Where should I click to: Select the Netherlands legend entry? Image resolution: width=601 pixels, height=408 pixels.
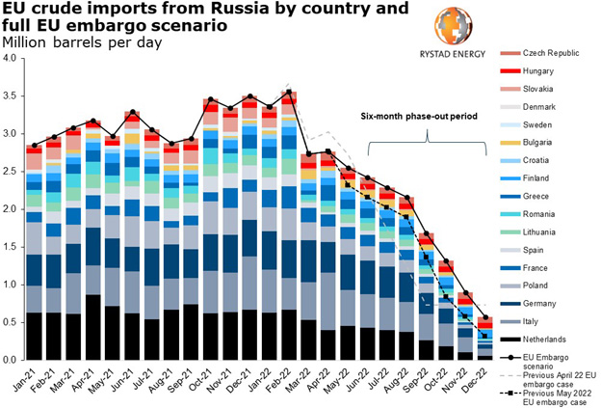coord(536,340)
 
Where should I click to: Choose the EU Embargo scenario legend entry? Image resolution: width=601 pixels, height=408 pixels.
coord(541,363)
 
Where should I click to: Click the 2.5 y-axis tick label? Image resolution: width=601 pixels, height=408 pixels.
coord(11,172)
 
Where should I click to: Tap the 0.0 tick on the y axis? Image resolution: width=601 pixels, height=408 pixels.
coord(11,361)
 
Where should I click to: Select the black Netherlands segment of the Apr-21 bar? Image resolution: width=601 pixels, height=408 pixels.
coord(92,328)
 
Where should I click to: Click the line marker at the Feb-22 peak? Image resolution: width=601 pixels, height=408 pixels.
coord(288,93)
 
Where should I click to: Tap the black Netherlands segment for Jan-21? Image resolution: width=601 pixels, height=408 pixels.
coord(35,337)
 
